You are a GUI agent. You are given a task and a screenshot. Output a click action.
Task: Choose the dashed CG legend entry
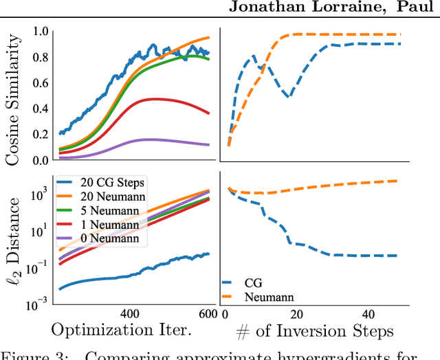point(244,282)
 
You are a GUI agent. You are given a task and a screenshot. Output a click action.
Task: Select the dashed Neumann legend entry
point(257,297)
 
